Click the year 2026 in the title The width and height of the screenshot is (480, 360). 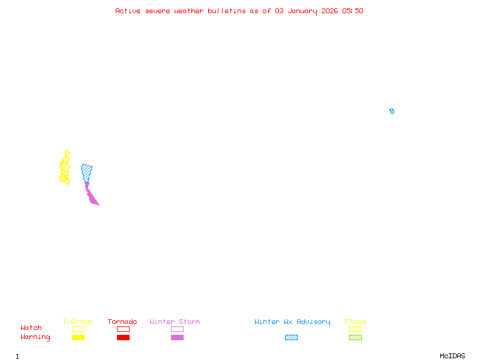(x=329, y=11)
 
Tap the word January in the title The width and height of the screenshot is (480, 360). (x=302, y=11)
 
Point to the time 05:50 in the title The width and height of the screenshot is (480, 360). (x=353, y=11)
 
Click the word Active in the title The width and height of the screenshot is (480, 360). (x=128, y=11)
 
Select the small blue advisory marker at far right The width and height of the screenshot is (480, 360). (x=392, y=111)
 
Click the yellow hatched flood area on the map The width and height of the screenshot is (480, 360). (x=65, y=168)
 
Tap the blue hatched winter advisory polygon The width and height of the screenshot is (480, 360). (x=86, y=172)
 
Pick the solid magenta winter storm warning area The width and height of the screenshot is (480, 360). (x=91, y=195)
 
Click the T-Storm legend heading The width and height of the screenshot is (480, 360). (x=77, y=322)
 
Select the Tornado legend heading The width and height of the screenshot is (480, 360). (x=122, y=322)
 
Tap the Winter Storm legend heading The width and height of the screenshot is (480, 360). (x=175, y=322)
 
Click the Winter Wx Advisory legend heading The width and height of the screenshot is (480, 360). (x=292, y=322)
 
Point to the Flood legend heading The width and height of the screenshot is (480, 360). (x=355, y=322)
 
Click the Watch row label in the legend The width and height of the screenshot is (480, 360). (x=31, y=328)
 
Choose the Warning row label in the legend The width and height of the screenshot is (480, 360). (x=35, y=337)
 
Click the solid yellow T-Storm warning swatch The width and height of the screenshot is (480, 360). (x=79, y=338)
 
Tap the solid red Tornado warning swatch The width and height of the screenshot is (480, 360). (x=124, y=338)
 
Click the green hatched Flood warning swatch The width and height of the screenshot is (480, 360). (x=355, y=338)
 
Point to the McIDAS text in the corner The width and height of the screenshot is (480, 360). (x=452, y=356)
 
